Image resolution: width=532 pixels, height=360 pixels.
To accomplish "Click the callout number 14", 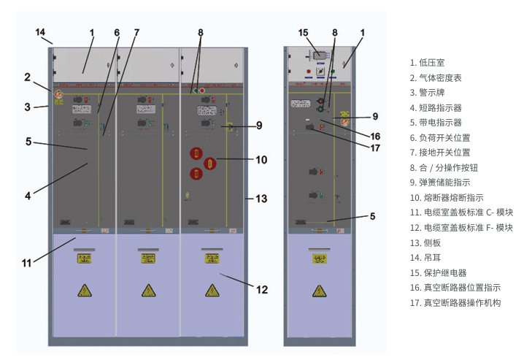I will pyautogui.click(x=40, y=32).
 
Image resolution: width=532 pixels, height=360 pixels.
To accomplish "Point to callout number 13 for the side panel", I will pyautogui.click(x=261, y=198).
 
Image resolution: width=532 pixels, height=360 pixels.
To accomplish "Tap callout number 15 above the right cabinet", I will pyautogui.click(x=304, y=32).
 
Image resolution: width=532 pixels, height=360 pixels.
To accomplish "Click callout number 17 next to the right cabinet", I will pyautogui.click(x=375, y=148).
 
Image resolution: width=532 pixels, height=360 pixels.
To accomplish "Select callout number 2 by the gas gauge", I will pyautogui.click(x=27, y=77).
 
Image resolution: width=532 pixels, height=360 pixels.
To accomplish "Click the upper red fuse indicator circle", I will pyautogui.click(x=196, y=153).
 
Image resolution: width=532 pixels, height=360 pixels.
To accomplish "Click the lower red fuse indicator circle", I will pyautogui.click(x=196, y=173).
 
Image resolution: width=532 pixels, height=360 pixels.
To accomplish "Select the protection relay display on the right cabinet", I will pyautogui.click(x=319, y=55).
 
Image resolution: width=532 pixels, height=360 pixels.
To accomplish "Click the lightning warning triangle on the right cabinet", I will pyautogui.click(x=319, y=291).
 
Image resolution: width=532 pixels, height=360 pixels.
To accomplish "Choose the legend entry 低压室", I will pyautogui.click(x=432, y=63).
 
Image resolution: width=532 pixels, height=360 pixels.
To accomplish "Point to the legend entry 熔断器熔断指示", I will pyautogui.click(x=447, y=197).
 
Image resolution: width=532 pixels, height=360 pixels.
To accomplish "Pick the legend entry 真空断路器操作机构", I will pyautogui.click(x=455, y=302).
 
